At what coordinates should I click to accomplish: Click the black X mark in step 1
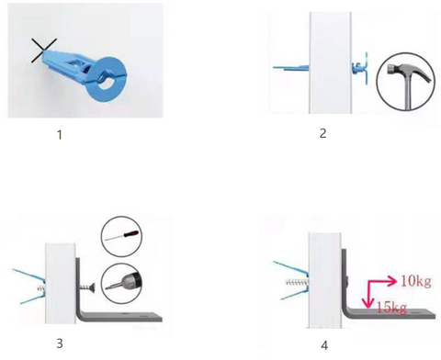pos(43,51)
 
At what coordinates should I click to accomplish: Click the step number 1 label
pos(60,135)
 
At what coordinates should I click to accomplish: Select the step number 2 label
pos(322,133)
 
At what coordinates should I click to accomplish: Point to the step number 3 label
pos(60,343)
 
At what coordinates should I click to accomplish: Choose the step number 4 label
pos(324,345)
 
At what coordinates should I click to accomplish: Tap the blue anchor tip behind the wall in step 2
pos(290,68)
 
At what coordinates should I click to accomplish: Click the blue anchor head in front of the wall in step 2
pos(360,68)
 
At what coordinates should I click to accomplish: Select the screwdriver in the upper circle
pos(122,236)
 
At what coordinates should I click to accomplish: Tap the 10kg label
pos(416,281)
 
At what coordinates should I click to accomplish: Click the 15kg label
pos(391,308)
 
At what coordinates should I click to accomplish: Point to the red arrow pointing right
pos(383,281)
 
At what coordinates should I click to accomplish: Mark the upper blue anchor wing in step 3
pos(29,275)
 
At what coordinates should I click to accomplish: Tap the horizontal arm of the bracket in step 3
pos(122,317)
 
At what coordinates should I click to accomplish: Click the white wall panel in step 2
pos(330,62)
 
